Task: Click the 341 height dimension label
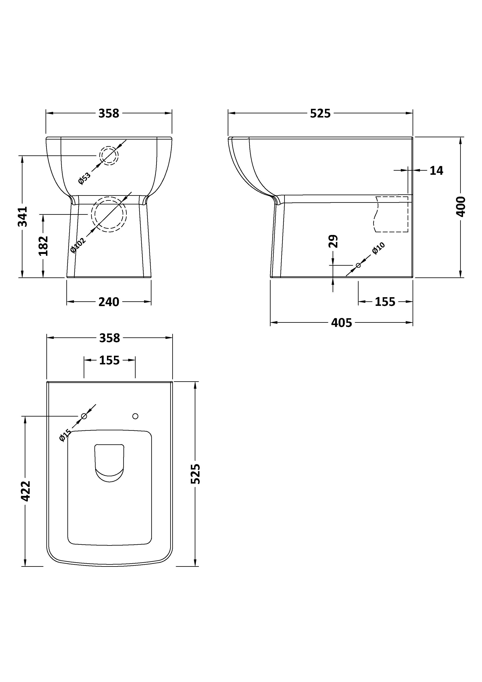(x=23, y=217)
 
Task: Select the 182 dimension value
(x=43, y=246)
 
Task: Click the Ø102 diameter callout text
(x=78, y=245)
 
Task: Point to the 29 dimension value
(x=333, y=241)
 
